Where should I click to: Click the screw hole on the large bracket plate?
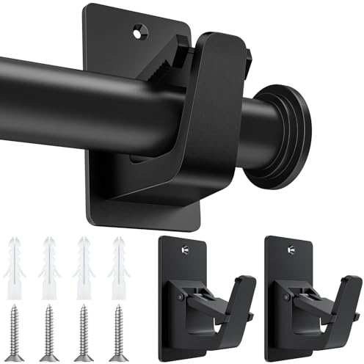(140, 32)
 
